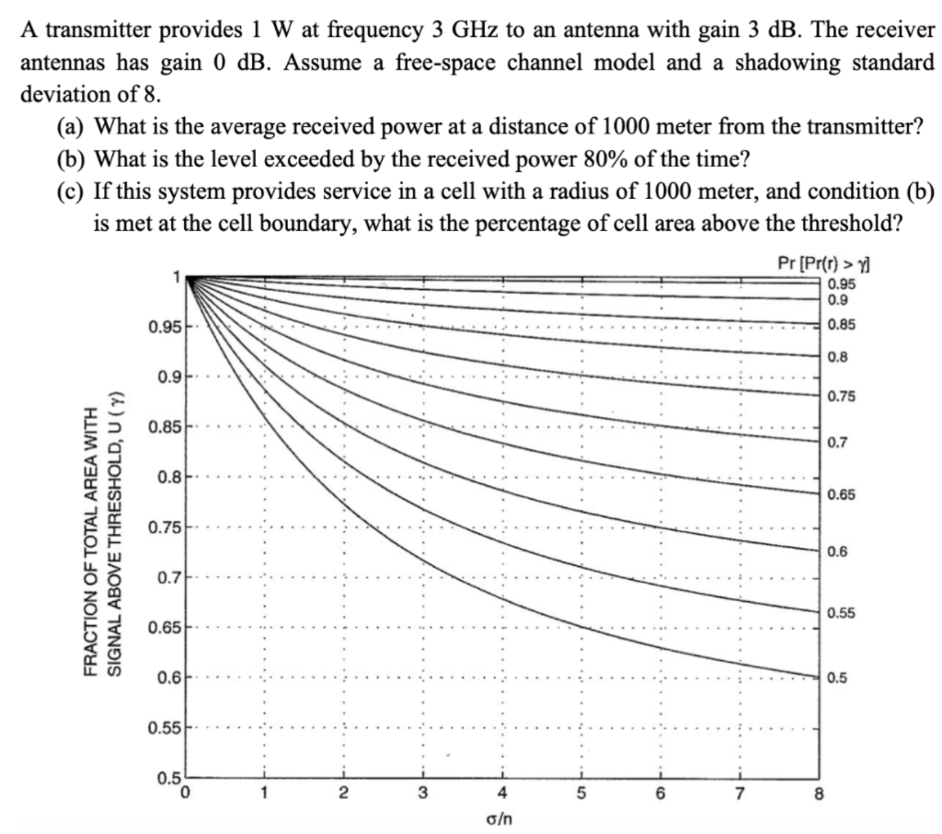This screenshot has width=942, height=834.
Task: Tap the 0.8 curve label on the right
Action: [x=837, y=357]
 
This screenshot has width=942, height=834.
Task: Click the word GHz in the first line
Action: [x=477, y=29]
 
